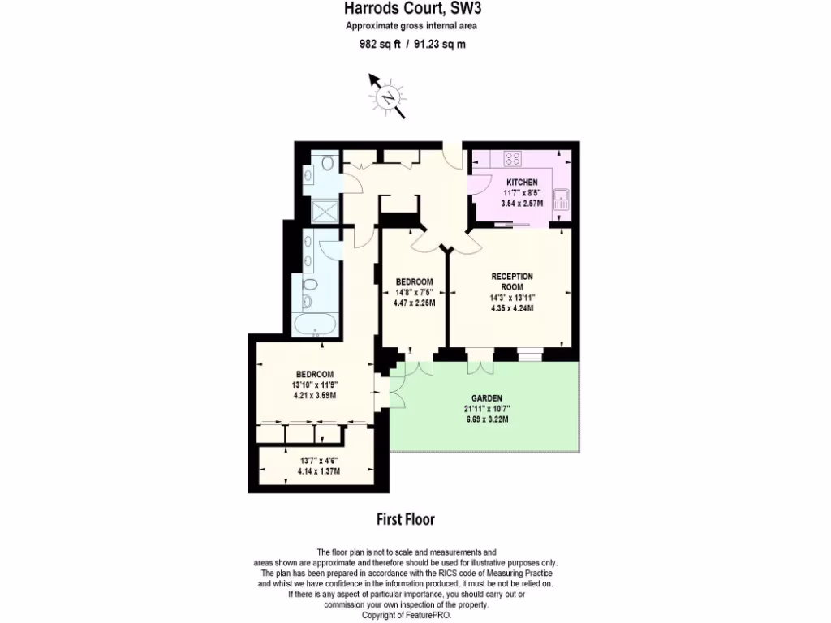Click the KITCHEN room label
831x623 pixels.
click(522, 182)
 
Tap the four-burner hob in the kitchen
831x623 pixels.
click(513, 159)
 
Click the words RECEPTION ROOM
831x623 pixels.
click(511, 281)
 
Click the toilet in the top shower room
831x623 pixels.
click(326, 163)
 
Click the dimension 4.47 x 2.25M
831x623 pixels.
click(414, 303)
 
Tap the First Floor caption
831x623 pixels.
click(405, 518)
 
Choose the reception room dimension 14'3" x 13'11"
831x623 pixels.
click(511, 297)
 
